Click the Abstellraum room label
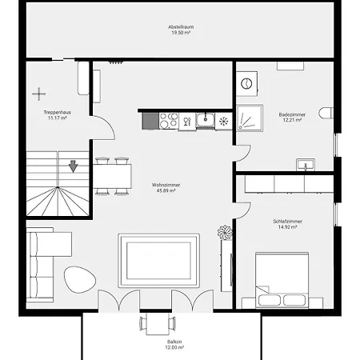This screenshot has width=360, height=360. (x=181, y=26)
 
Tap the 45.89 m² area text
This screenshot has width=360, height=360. (x=166, y=190)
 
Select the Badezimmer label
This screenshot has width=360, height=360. (x=292, y=114)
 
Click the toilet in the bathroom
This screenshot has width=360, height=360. (x=326, y=113)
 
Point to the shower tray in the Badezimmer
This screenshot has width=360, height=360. (x=250, y=118)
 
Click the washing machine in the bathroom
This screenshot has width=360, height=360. (x=246, y=83)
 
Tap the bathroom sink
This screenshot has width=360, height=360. (x=306, y=165)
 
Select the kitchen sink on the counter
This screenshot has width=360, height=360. (x=205, y=120)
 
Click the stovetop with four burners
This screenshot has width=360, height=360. (x=169, y=121)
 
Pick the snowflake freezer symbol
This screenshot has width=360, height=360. (x=223, y=122)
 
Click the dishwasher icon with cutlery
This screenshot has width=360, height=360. (x=187, y=122)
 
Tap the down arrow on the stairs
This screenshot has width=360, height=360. (x=73, y=166)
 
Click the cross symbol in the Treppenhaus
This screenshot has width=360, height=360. (x=39, y=94)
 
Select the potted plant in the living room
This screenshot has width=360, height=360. (x=225, y=232)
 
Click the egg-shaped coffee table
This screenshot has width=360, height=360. (x=80, y=279)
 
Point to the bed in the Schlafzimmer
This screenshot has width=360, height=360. (x=282, y=280)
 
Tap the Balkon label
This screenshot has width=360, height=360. (x=174, y=342)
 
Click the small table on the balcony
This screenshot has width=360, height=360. (x=158, y=324)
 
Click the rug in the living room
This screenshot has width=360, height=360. (x=159, y=260)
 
